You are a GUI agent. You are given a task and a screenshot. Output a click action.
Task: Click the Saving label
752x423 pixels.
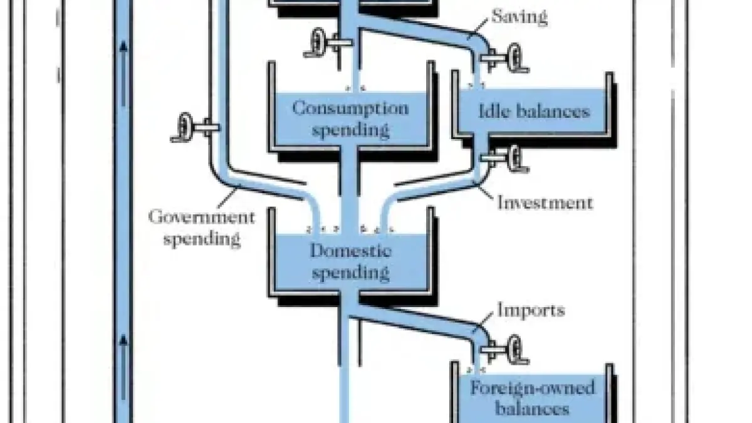(x=520, y=17)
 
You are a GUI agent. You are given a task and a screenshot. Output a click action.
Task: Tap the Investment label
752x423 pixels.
(x=545, y=203)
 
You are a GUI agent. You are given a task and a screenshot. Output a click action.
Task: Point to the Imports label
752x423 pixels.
(x=531, y=310)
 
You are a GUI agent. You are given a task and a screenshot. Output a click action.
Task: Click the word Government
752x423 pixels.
(x=202, y=217)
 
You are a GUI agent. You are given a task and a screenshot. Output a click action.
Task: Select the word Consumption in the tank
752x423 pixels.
(x=350, y=108)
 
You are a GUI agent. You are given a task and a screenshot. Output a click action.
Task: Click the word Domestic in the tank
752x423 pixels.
(x=351, y=251)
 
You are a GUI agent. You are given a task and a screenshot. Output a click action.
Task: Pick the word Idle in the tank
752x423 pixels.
(x=493, y=112)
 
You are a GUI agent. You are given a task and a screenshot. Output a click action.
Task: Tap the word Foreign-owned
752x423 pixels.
(x=532, y=388)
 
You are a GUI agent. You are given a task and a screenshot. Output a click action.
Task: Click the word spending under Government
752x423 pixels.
(x=202, y=239)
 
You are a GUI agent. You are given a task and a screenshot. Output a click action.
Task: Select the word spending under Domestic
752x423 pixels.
(x=351, y=273)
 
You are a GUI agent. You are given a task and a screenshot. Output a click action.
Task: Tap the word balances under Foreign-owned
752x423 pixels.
(x=532, y=409)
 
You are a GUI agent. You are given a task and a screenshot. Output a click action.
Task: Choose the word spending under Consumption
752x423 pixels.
(x=350, y=130)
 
